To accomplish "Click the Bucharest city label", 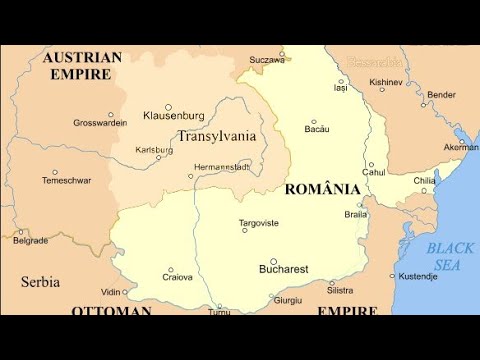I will (x=284, y=269).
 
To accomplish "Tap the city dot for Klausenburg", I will (x=168, y=107).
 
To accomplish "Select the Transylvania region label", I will (x=216, y=136).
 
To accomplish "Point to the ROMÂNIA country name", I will (x=323, y=189).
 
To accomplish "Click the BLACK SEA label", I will (x=450, y=256).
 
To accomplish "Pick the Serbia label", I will (x=40, y=282).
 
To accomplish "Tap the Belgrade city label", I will (x=30, y=240).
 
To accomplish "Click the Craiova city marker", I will (x=170, y=270).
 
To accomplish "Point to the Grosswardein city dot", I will (x=110, y=115).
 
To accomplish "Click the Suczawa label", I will (x=267, y=60).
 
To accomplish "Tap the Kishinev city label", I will (x=385, y=81).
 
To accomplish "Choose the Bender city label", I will (x=441, y=95).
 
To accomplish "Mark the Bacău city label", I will (x=317, y=129).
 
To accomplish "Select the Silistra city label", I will (x=340, y=290).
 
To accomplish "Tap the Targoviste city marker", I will (x=244, y=231).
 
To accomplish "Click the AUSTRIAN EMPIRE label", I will (x=82, y=65).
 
